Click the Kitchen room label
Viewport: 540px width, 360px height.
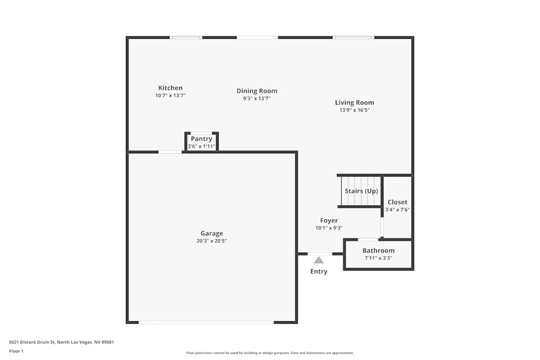coord(170,88)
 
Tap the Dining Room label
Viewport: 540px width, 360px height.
coord(256,91)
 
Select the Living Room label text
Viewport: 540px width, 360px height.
coord(354,103)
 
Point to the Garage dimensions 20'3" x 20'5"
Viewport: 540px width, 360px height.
coord(212,241)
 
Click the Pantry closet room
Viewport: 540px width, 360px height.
coord(201,142)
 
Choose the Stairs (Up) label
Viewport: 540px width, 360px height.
coord(361,191)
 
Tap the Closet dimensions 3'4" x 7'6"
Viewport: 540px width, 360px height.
coord(397,209)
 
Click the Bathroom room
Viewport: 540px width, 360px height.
coord(378,254)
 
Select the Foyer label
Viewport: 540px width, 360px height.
coord(329,220)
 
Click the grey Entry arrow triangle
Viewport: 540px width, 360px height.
coord(319,260)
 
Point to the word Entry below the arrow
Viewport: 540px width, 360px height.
coord(319,271)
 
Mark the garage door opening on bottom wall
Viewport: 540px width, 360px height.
coord(206,322)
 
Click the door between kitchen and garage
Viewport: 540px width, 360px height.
coord(170,152)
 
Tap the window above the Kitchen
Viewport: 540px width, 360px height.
coord(186,37)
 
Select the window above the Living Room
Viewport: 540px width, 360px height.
coord(354,37)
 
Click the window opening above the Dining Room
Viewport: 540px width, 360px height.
coord(257,37)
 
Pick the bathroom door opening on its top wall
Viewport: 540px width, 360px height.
coord(368,239)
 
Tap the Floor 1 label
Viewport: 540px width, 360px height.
coord(16,351)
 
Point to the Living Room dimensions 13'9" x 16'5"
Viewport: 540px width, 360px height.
coord(354,110)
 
